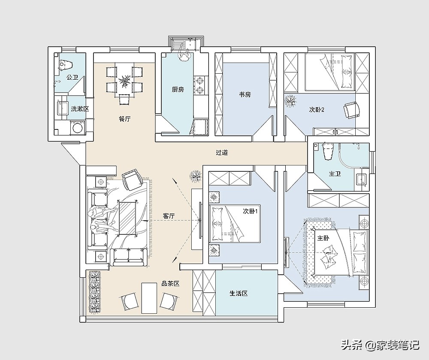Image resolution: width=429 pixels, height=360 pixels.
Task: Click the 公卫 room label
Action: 72,78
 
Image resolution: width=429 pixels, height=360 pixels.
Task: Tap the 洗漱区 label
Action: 80,109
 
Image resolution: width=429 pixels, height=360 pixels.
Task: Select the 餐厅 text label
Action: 124,119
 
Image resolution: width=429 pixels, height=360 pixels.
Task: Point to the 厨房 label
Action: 178,90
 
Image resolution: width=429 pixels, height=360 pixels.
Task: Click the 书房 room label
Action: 245,95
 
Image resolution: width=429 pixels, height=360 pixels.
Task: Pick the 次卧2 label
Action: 317,110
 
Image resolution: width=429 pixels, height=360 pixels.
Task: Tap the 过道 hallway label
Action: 222,153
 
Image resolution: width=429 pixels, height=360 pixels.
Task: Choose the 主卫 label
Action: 335,174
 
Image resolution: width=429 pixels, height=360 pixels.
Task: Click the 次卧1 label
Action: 251,211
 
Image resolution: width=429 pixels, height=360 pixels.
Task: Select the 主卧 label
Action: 323,238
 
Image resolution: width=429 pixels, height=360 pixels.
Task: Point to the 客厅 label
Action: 169,216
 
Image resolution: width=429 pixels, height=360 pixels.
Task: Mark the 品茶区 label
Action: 170,284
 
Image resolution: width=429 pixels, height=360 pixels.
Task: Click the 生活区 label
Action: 239,294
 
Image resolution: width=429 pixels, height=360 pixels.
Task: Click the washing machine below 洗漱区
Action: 78,129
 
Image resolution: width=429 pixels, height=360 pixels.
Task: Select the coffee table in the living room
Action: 127,218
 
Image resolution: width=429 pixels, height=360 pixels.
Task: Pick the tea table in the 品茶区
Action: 149,298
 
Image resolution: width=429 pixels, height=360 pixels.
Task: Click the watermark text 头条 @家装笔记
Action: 380,345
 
